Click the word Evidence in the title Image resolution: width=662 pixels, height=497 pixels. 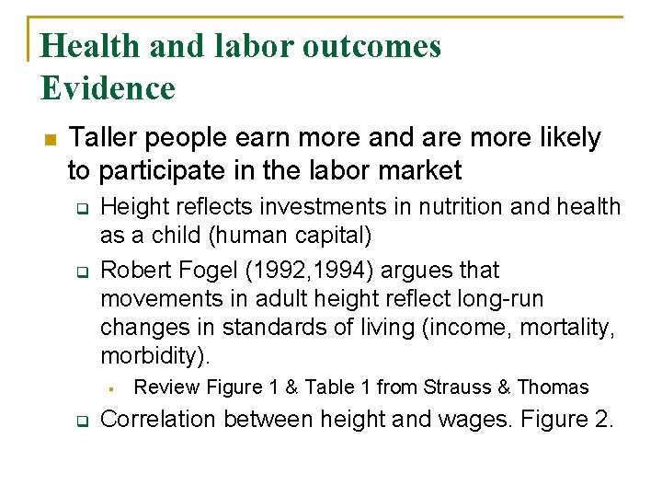pyautogui.click(x=108, y=88)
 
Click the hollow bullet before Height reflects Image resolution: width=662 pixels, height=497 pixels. pyautogui.click(x=80, y=208)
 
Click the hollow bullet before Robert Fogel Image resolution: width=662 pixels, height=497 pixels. pyautogui.click(x=80, y=272)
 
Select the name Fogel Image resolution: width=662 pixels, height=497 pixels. pyautogui.click(x=215, y=271)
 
